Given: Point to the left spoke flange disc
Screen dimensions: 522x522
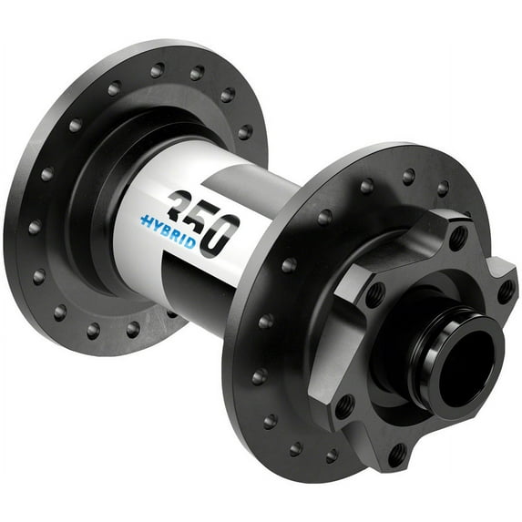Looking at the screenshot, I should tap(55, 182).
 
